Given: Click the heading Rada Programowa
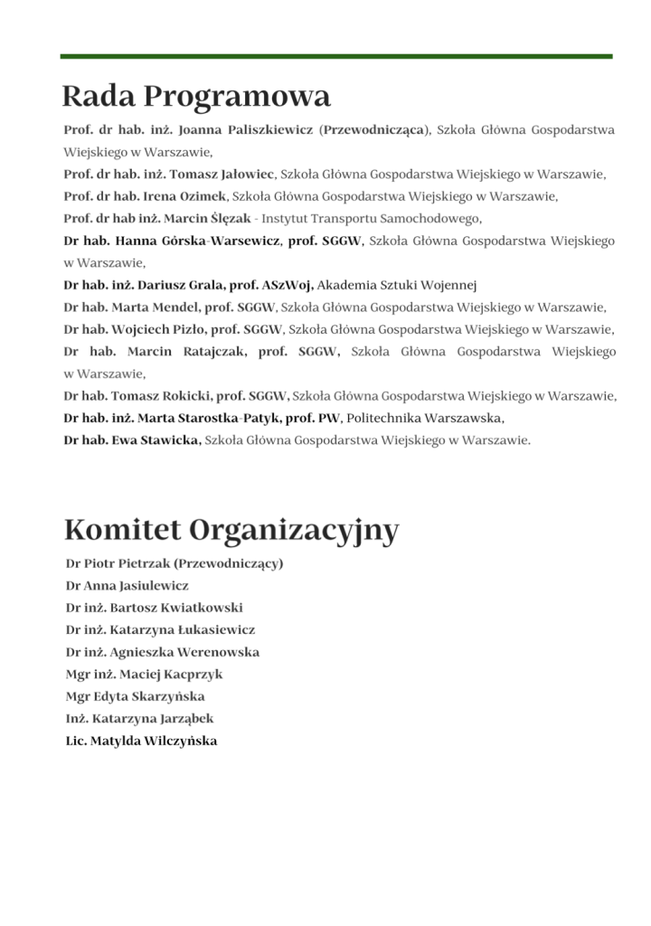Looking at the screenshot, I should tap(196, 96).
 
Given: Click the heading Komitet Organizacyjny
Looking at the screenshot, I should tap(231, 530).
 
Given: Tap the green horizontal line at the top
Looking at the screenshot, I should tap(336, 56).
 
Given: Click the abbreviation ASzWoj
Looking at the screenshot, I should tap(285, 285).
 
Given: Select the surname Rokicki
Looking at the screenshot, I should tap(182, 396).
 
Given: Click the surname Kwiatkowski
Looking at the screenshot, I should tap(202, 608).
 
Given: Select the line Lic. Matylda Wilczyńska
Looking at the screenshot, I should tap(141, 741).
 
